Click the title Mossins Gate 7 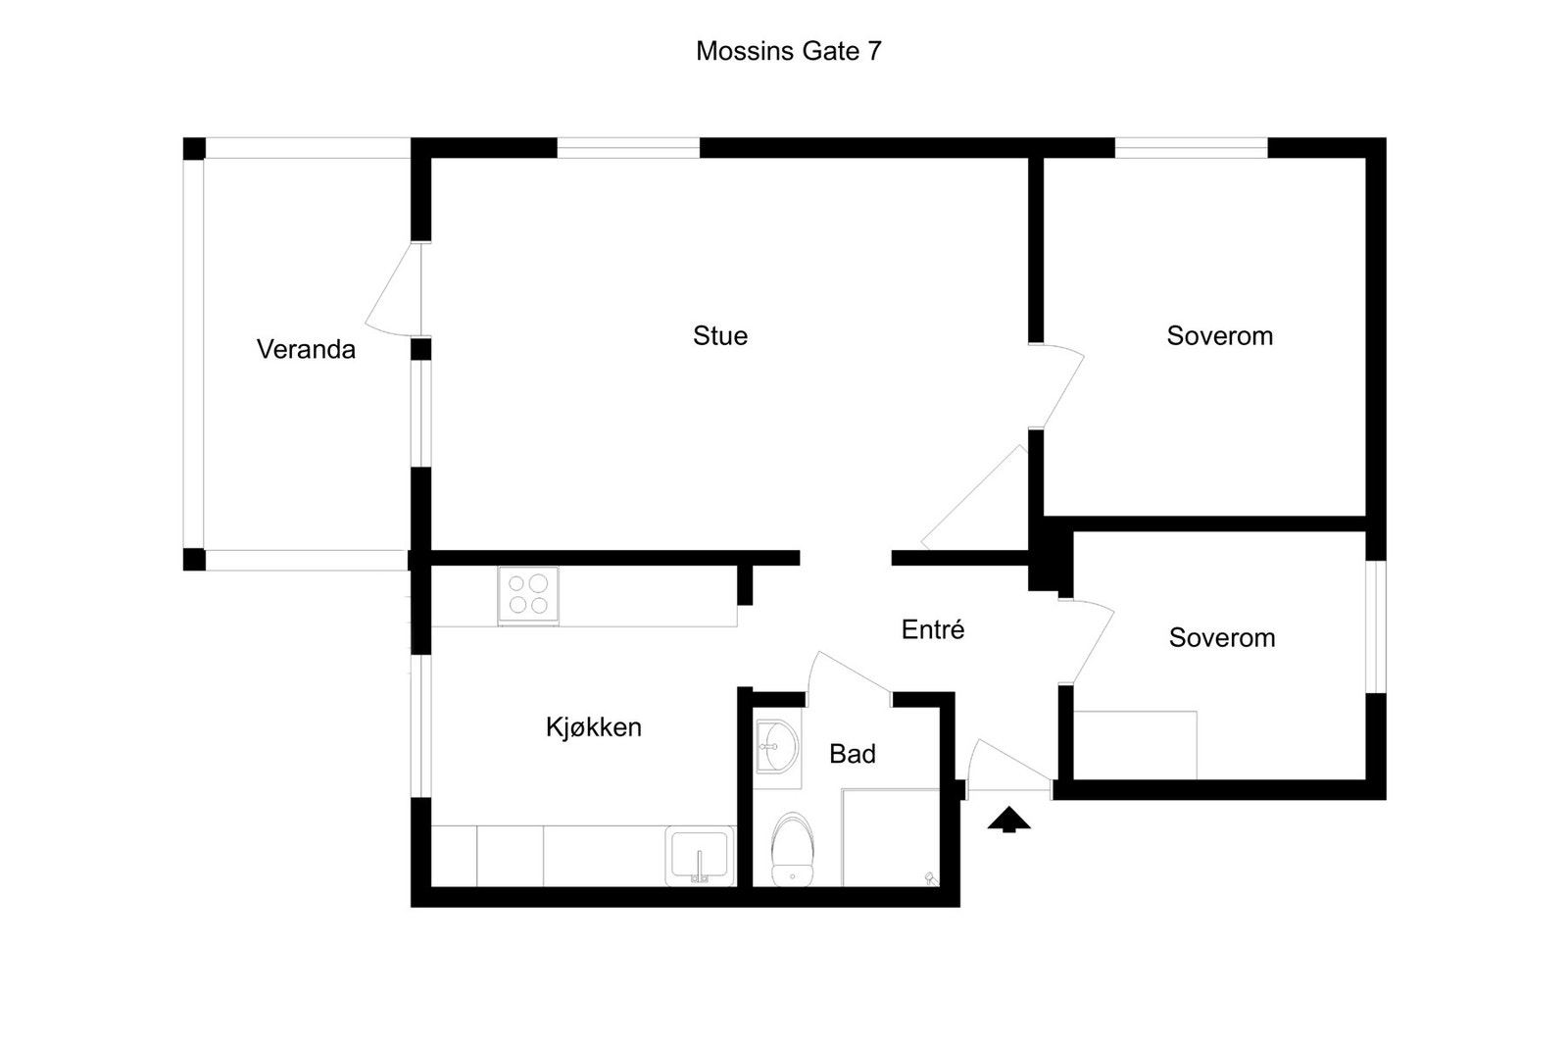[x=788, y=51]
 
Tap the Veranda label [x=306, y=349]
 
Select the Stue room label [x=720, y=336]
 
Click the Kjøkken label [x=594, y=727]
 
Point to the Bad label [x=853, y=754]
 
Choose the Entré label [x=933, y=629]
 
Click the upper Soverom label [x=1219, y=336]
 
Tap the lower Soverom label [x=1222, y=638]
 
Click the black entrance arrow [x=1008, y=820]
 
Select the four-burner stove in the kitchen [x=528, y=594]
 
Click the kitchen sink [x=699, y=856]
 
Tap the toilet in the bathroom [x=792, y=848]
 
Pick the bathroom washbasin [x=778, y=748]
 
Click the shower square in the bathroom [x=890, y=837]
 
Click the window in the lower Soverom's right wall [x=1376, y=626]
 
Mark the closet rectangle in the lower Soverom [x=1135, y=745]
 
